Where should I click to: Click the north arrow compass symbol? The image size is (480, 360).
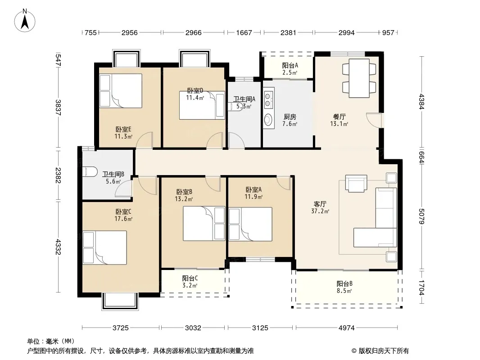pos(25,21)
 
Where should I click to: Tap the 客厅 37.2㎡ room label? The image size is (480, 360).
pos(320,207)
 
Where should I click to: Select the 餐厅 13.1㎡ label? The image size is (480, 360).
pos(339,120)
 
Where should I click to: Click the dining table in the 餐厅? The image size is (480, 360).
pos(359,78)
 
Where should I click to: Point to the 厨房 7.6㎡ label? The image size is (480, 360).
pos(290,120)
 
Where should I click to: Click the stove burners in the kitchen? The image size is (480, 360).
pos(268,98)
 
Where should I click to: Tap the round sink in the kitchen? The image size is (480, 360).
pos(268,119)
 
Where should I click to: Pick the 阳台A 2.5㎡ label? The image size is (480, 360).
pos(290,69)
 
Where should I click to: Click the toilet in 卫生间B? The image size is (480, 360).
pos(90,171)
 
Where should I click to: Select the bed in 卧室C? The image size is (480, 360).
pos(105,247)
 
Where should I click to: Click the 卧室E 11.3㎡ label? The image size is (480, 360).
pos(123,133)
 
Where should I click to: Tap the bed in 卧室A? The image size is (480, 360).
pos(250,224)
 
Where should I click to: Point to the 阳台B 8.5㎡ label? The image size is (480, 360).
pos(344,287)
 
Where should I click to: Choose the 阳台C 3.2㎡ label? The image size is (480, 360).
pos(190,282)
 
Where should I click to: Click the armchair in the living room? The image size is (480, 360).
pos(356,183)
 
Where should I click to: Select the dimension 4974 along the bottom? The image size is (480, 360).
pos(347,328)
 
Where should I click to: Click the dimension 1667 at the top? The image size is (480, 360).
pos(244,32)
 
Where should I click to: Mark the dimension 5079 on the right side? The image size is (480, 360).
pos(422,216)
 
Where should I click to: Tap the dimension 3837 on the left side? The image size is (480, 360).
pos(58,108)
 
